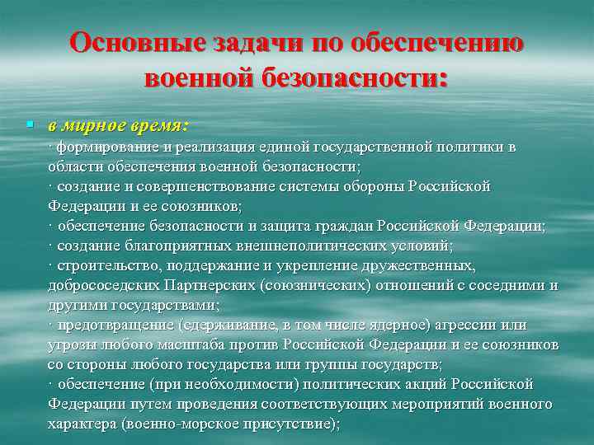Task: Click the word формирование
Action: click(x=106, y=148)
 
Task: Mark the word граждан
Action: click(x=351, y=226)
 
